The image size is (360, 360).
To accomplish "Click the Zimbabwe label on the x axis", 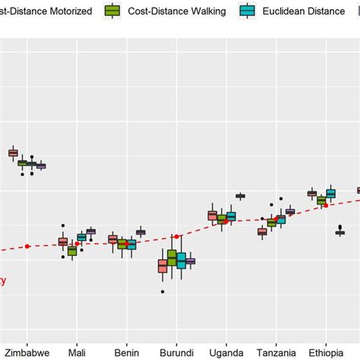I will [27, 352].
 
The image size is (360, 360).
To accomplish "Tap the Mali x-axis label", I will [77, 352].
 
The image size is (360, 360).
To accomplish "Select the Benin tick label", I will [127, 352].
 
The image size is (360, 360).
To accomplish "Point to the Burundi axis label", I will [176, 352].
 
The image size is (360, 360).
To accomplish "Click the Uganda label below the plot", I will [226, 352].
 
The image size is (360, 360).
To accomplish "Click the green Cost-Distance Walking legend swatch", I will [113, 12].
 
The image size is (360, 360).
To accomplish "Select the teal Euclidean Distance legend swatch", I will [248, 12].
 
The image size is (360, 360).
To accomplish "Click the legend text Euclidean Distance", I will [301, 12].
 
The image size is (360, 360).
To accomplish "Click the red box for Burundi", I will [163, 266].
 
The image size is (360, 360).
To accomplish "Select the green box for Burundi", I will [172, 258].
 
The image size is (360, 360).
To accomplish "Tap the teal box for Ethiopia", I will [330, 194].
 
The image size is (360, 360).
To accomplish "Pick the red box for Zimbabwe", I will [13, 153].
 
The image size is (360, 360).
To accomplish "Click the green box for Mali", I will [72, 251].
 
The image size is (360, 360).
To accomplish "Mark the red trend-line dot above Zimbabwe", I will [27, 246].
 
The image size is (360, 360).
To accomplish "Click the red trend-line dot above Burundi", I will [176, 236].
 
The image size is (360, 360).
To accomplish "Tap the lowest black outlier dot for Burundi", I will [163, 292].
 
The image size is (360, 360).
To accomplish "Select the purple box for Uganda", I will [241, 196].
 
